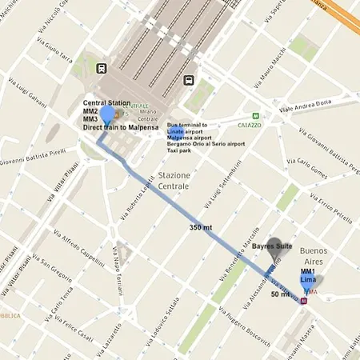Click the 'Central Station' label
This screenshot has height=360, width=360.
pos(106,103)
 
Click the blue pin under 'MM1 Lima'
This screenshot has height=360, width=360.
pos(308,284)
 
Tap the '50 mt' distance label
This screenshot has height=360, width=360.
pos(280,294)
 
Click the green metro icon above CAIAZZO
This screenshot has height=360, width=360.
pos(255,115)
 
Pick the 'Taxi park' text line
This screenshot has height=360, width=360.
pos(179,150)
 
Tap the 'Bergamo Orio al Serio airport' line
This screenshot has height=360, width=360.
pos(206,143)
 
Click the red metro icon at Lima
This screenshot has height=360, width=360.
pos(303,302)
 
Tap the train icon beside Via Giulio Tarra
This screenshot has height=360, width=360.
pos(101,70)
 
